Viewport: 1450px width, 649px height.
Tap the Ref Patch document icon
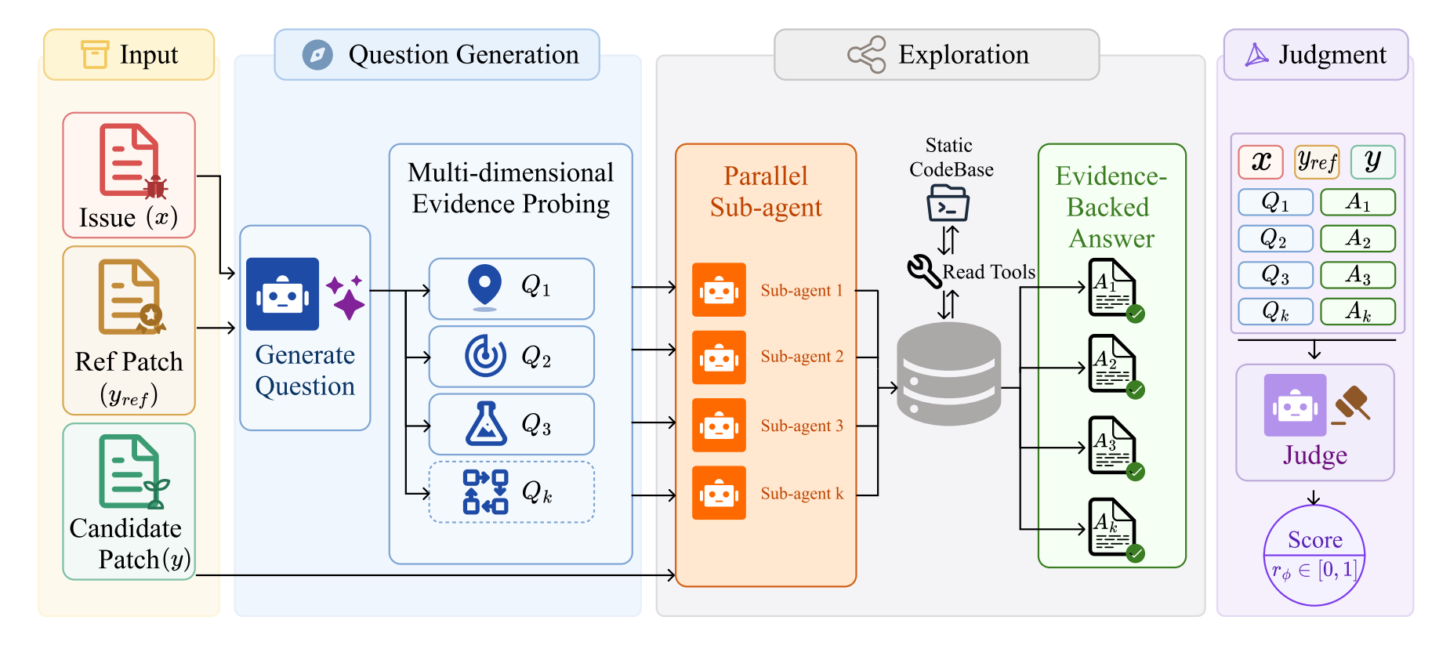130,297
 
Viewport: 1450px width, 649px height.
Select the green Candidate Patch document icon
132,471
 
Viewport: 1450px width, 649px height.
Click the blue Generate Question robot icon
282,294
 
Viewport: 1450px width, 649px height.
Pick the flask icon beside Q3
486,423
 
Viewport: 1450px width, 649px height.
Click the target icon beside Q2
485,356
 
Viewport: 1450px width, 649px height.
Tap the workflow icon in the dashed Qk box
485,492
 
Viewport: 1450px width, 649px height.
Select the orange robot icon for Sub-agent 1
719,290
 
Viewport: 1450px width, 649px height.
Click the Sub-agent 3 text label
802,426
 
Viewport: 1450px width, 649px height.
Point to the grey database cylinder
948,374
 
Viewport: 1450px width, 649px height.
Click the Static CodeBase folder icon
948,203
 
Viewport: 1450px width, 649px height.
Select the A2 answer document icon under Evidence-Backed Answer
1112,364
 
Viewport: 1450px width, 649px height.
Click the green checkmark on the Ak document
1135,553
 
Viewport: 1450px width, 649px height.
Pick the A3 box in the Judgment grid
1358,275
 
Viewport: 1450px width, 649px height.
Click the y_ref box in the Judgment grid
1317,162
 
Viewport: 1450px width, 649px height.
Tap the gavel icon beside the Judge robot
1351,405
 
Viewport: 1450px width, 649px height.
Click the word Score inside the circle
1314,539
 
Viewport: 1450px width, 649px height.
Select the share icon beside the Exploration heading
867,55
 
